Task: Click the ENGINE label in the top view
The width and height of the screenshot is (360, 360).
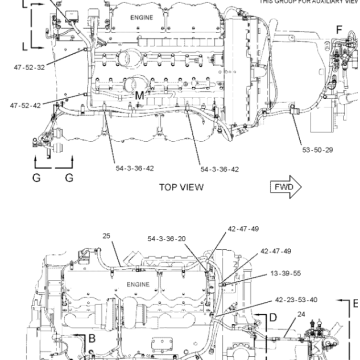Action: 151,19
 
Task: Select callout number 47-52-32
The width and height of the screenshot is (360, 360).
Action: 29,68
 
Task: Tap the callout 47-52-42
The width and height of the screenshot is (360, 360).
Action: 27,105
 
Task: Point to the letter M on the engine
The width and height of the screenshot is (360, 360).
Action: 139,95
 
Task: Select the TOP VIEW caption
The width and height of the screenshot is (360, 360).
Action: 181,187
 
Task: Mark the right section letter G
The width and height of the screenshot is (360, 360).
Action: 69,178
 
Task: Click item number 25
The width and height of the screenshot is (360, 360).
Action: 105,236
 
